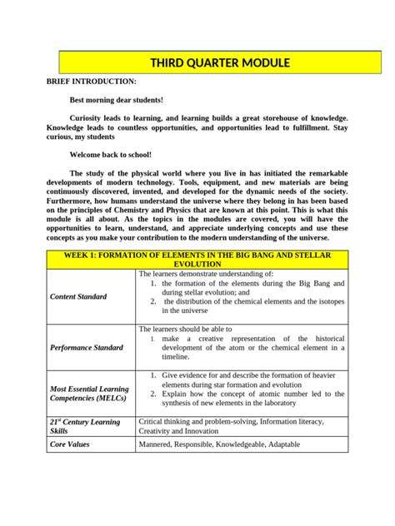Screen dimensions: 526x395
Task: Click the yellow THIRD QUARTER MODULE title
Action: coord(219,62)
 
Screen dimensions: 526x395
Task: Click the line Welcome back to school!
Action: coord(111,155)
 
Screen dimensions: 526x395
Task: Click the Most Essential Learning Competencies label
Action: coord(89,393)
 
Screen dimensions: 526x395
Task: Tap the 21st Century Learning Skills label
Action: coord(85,427)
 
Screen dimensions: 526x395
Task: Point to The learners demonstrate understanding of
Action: coord(205,273)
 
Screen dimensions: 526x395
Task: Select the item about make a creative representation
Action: coord(248,339)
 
